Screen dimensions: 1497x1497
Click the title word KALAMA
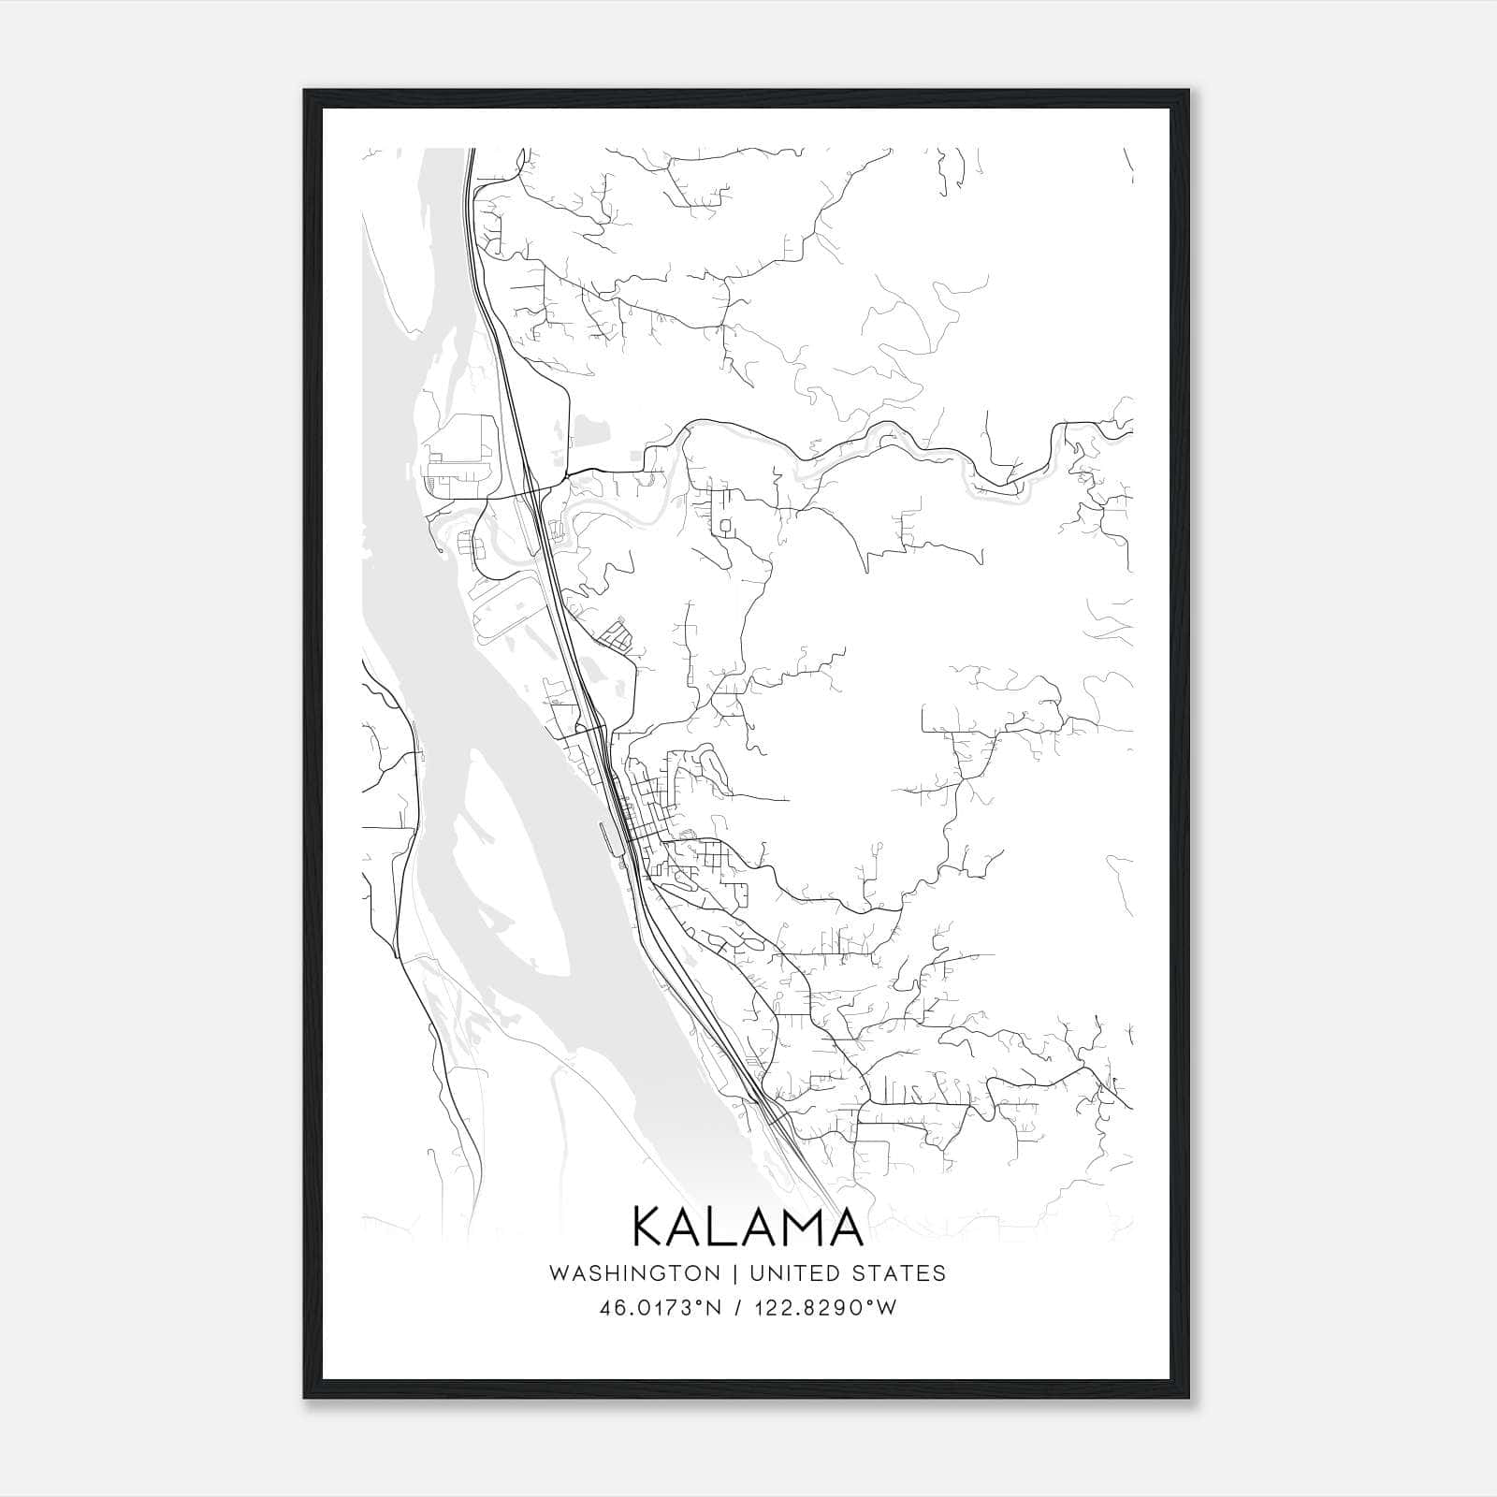tap(748, 1227)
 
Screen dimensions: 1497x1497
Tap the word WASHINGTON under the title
tap(634, 1273)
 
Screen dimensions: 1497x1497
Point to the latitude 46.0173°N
tap(661, 1308)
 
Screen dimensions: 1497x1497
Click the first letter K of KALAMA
tap(651, 1227)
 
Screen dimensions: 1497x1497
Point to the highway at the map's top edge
tap(470, 153)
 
